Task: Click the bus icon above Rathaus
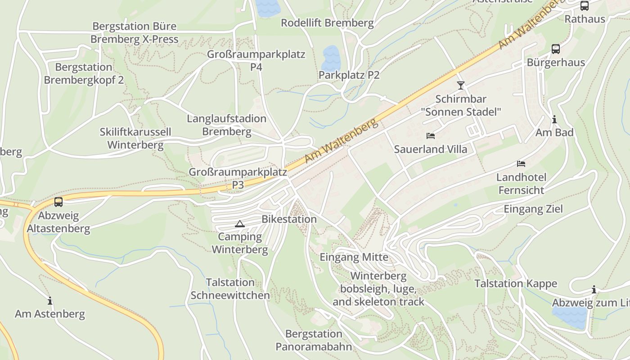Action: (x=585, y=6)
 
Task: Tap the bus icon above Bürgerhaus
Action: (x=556, y=49)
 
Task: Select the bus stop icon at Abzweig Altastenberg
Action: (x=58, y=202)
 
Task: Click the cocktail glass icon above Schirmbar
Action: (x=460, y=85)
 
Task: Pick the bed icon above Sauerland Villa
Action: (x=431, y=135)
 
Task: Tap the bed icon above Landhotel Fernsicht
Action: (x=521, y=164)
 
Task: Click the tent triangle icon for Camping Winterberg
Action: (x=240, y=224)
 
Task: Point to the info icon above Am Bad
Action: (x=554, y=120)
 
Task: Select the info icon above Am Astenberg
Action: (x=50, y=301)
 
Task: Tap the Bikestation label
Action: (x=289, y=219)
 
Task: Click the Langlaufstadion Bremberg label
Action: (x=226, y=125)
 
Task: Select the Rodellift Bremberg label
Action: (x=327, y=23)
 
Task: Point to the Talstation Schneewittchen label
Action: (x=230, y=289)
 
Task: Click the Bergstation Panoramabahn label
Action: (x=314, y=340)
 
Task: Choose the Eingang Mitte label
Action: (x=354, y=257)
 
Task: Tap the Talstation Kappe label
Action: (x=516, y=283)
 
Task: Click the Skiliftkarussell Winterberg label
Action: (x=135, y=139)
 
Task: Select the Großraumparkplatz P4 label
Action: (x=256, y=61)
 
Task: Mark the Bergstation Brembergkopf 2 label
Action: (x=84, y=74)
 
